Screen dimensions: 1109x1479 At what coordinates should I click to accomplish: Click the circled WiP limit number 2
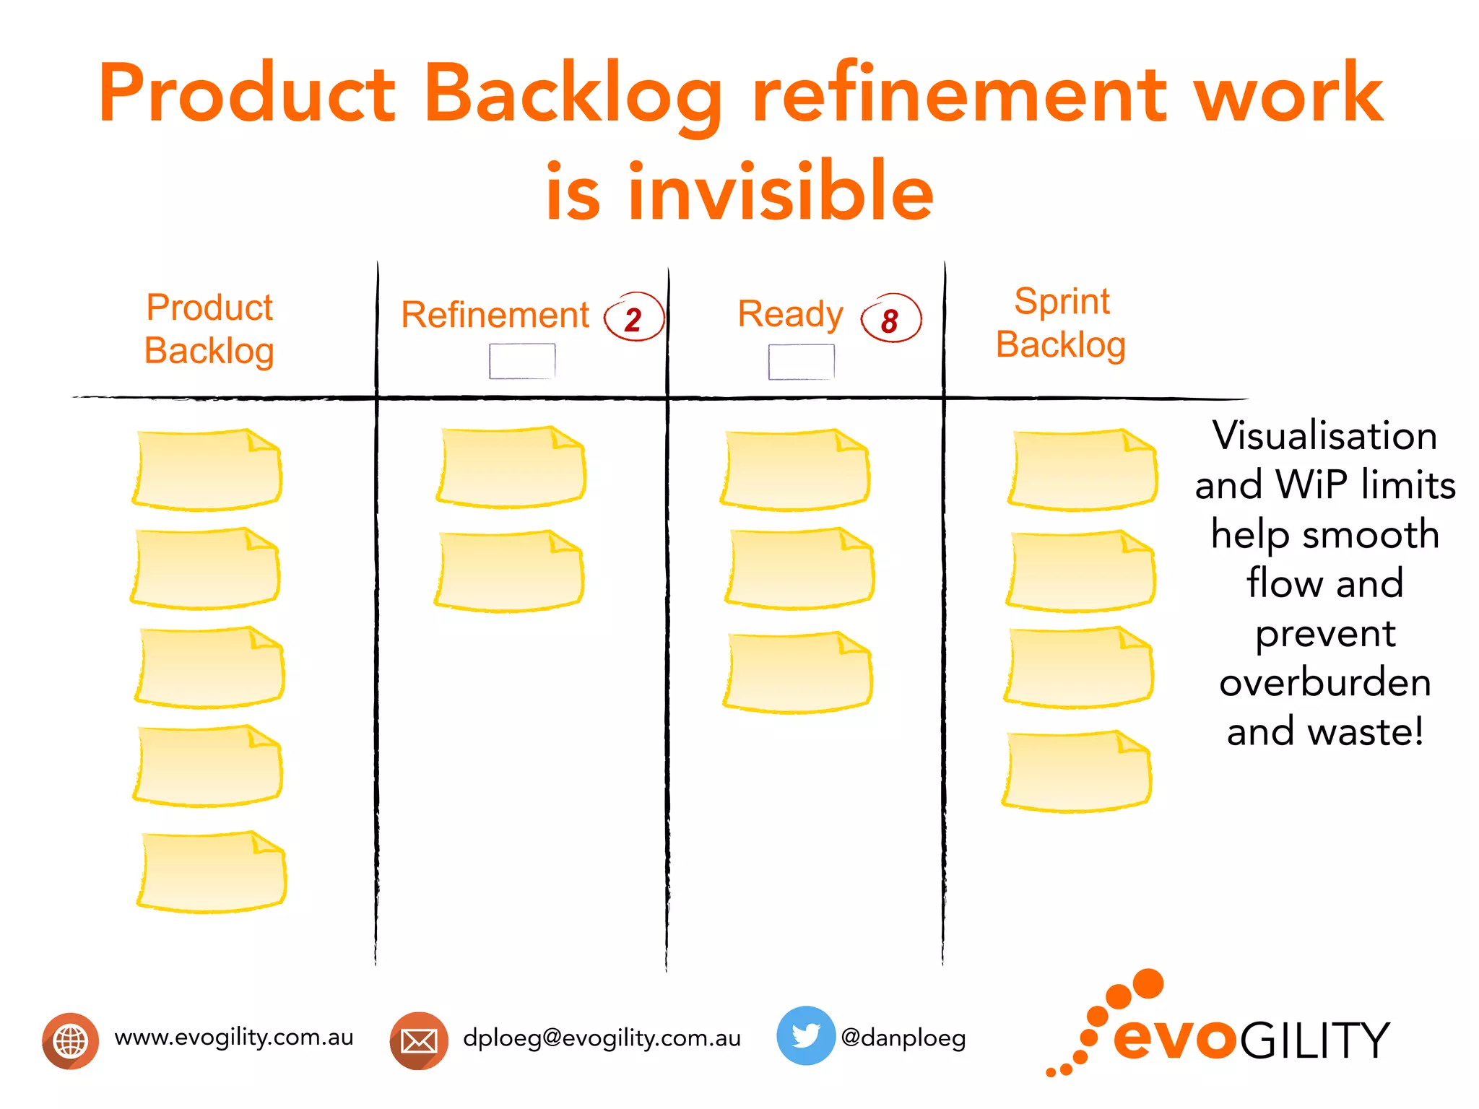pyautogui.click(x=633, y=318)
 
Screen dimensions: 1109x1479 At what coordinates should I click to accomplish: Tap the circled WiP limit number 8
pyautogui.click(x=890, y=320)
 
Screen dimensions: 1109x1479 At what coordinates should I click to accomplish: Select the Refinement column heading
pyautogui.click(x=495, y=316)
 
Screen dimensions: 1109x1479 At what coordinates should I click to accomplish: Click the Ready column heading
pyautogui.click(x=790, y=315)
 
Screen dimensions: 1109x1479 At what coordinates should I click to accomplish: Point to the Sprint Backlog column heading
pyautogui.click(x=1061, y=323)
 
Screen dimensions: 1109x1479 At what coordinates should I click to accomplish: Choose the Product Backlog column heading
pyautogui.click(x=209, y=329)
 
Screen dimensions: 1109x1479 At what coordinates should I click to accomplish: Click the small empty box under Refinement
pyautogui.click(x=522, y=361)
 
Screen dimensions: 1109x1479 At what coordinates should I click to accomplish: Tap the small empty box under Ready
pyautogui.click(x=801, y=362)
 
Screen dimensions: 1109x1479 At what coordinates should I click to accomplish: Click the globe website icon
pyautogui.click(x=71, y=1040)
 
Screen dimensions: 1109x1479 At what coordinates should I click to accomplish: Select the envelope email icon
pyautogui.click(x=419, y=1040)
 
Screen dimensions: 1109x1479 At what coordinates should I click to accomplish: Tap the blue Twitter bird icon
pyautogui.click(x=805, y=1035)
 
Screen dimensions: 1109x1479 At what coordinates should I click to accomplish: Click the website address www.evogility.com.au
pyautogui.click(x=234, y=1038)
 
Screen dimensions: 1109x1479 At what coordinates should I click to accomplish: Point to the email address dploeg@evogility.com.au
pyautogui.click(x=602, y=1038)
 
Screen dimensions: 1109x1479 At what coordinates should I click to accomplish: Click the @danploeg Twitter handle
pyautogui.click(x=903, y=1038)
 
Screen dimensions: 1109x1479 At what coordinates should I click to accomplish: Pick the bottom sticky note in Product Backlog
pyautogui.click(x=212, y=871)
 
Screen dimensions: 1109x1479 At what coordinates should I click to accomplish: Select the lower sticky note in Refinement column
pyautogui.click(x=510, y=571)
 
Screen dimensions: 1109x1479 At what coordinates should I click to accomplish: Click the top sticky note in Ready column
pyautogui.click(x=795, y=470)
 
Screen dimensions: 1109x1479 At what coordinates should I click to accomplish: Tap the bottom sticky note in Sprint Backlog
pyautogui.click(x=1077, y=771)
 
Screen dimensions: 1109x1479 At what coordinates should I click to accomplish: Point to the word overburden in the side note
pyautogui.click(x=1325, y=682)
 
